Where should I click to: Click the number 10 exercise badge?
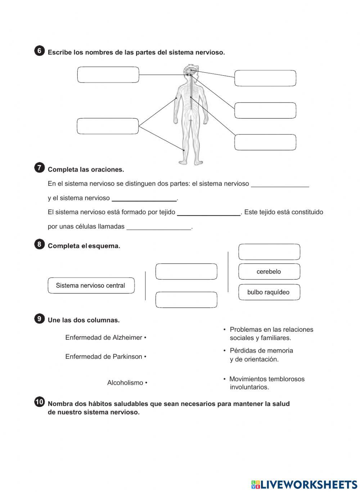(39, 402)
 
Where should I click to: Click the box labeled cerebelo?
(269, 272)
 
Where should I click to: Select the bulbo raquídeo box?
(269, 292)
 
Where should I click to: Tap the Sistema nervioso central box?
(91, 286)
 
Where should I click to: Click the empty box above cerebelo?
(269, 252)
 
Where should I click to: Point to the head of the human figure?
(190, 71)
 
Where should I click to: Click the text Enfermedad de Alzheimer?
(104, 338)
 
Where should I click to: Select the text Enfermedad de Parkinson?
(104, 357)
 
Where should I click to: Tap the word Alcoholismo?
(125, 383)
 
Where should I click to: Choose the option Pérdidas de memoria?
(261, 355)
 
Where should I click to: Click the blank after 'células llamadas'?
(159, 227)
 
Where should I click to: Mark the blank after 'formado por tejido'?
(209, 212)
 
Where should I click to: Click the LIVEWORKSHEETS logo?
(304, 484)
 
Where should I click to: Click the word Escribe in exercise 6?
(59, 53)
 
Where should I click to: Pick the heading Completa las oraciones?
(86, 170)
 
